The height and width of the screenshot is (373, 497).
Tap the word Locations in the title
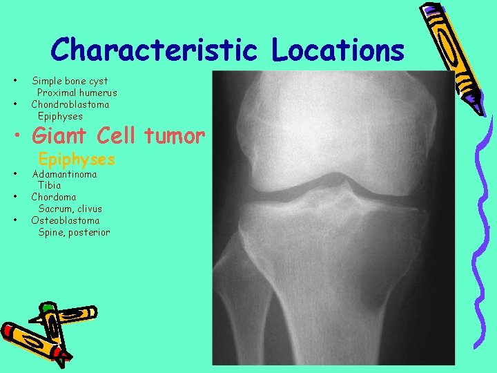point(338,50)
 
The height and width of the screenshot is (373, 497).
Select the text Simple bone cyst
point(70,81)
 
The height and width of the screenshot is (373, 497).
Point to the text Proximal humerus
point(77,93)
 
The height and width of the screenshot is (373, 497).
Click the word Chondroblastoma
point(70,104)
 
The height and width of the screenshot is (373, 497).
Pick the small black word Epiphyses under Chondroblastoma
point(60,116)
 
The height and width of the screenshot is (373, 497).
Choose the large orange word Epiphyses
point(77,160)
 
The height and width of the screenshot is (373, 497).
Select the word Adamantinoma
point(65,173)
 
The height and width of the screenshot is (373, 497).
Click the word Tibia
point(50,185)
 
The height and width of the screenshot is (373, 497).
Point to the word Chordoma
point(54,197)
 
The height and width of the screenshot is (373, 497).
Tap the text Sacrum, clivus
point(70,209)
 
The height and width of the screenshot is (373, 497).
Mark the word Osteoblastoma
point(65,220)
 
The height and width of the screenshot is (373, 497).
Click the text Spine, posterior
point(74,232)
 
